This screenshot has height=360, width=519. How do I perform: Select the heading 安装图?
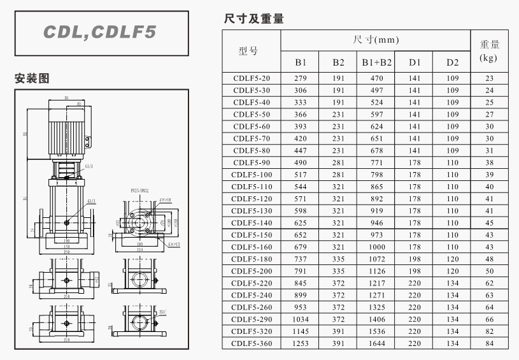(32, 79)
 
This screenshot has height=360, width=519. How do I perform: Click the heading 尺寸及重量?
(253, 19)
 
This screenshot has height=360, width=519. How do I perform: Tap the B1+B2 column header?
(377, 62)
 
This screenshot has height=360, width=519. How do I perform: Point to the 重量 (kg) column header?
(489, 51)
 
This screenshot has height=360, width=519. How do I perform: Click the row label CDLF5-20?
(252, 78)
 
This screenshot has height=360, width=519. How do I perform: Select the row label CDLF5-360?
(252, 344)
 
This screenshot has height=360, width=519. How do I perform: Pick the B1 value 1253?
(301, 344)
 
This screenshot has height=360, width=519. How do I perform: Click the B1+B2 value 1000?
(377, 247)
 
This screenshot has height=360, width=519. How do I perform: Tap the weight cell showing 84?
(489, 344)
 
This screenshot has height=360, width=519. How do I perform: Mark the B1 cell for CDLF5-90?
(301, 163)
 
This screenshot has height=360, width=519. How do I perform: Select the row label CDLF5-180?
(252, 259)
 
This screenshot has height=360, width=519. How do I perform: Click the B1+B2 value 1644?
(377, 344)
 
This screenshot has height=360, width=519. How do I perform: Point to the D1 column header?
(415, 62)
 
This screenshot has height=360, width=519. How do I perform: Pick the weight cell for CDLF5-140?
(489, 223)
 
